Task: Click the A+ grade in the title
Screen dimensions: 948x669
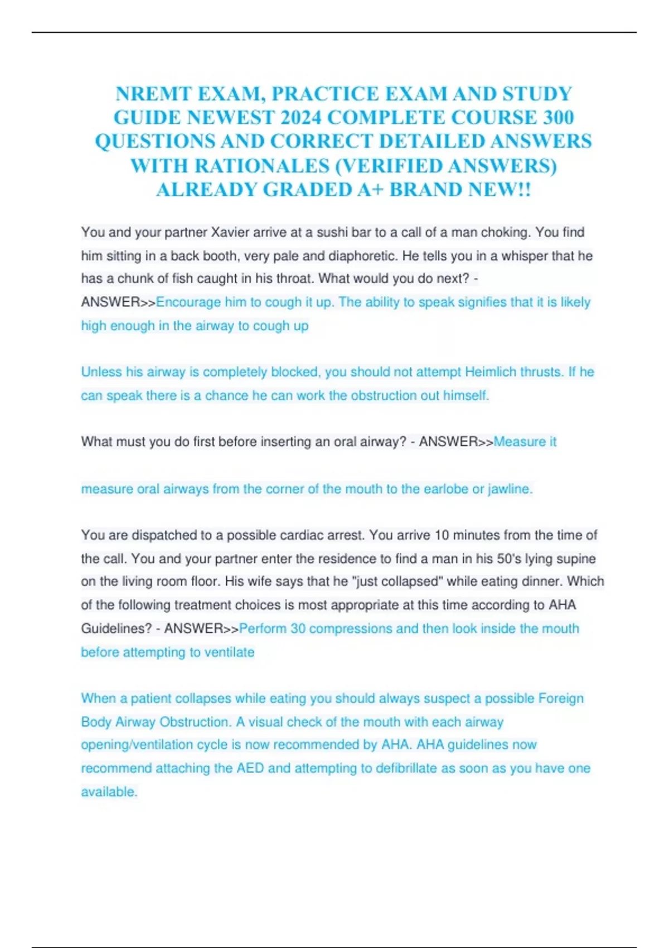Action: point(370,190)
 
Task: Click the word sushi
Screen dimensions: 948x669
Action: point(332,233)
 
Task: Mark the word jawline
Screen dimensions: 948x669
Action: point(510,489)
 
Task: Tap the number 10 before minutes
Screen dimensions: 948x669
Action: point(442,535)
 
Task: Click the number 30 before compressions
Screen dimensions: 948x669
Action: point(298,628)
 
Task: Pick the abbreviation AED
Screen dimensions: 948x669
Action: point(250,768)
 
